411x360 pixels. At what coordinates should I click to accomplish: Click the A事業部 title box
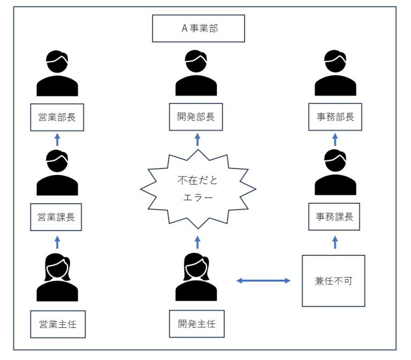(x=199, y=28)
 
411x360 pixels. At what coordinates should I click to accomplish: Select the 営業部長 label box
(x=57, y=117)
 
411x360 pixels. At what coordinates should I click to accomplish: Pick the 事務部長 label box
(x=335, y=117)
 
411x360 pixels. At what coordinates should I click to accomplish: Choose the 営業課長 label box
(x=57, y=217)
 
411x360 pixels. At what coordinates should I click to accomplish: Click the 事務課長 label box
(x=335, y=217)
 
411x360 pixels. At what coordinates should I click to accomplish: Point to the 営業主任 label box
(x=57, y=324)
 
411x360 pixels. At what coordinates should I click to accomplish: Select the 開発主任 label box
(x=196, y=324)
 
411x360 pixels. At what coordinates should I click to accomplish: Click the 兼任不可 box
(x=333, y=280)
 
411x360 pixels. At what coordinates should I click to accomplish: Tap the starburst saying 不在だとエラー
(x=199, y=187)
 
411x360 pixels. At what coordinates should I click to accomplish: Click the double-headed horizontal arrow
(x=263, y=280)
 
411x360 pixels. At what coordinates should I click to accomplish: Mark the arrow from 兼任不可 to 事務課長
(x=335, y=242)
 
